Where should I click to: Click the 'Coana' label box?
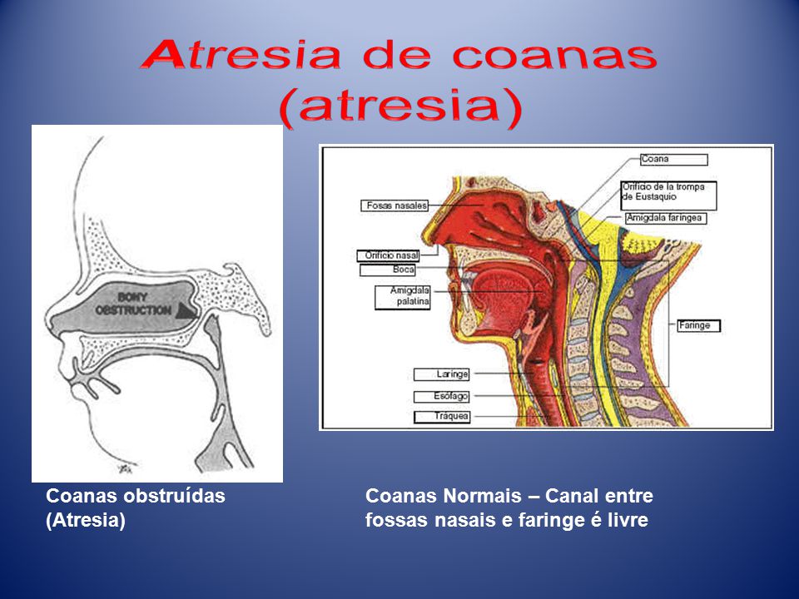coord(673,160)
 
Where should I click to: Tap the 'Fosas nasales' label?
coord(395,205)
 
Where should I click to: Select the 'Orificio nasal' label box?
coord(389,255)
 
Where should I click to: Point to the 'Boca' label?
coord(388,270)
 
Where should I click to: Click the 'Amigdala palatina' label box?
coord(403,297)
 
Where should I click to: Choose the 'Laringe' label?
coord(441,374)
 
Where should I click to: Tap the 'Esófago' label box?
coord(441,396)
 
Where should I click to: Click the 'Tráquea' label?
coord(442,417)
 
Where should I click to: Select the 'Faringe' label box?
coord(698,325)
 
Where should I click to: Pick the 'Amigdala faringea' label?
coord(666,218)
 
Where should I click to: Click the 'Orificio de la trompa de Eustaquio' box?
coord(668,196)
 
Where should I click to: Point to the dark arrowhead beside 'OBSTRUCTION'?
coord(186,310)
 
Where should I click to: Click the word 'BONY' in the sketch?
coord(132,297)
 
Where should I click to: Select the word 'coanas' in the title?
coord(554,57)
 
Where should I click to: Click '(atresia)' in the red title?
coord(401,107)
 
